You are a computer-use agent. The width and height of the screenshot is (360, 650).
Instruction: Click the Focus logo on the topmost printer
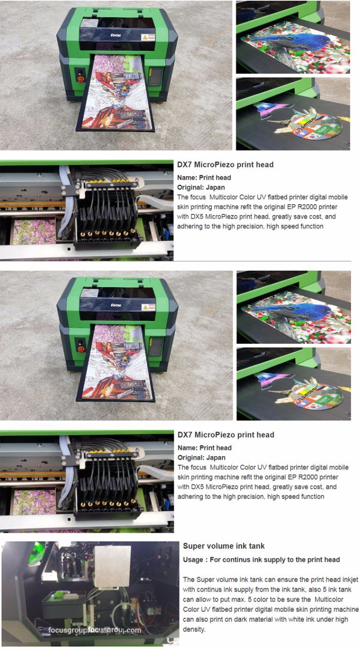(x=115, y=35)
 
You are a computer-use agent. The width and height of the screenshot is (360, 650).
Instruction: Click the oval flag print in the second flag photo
(x=317, y=394)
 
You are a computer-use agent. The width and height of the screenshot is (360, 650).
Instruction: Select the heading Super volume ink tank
(x=224, y=546)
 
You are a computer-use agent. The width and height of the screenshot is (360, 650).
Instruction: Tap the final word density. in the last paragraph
(x=194, y=629)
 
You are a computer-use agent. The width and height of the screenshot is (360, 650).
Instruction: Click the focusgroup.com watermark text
(x=95, y=630)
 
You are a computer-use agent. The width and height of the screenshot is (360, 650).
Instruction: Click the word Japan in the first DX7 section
(x=215, y=187)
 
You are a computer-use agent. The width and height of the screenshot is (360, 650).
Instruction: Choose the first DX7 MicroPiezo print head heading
(x=225, y=165)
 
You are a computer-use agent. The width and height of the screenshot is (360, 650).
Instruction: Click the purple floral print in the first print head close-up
(x=34, y=232)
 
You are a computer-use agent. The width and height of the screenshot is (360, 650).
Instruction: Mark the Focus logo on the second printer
(x=116, y=305)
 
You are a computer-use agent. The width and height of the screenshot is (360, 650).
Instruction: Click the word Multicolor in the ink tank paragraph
(x=329, y=599)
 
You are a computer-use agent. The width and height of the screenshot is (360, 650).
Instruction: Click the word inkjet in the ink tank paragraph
(x=350, y=580)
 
